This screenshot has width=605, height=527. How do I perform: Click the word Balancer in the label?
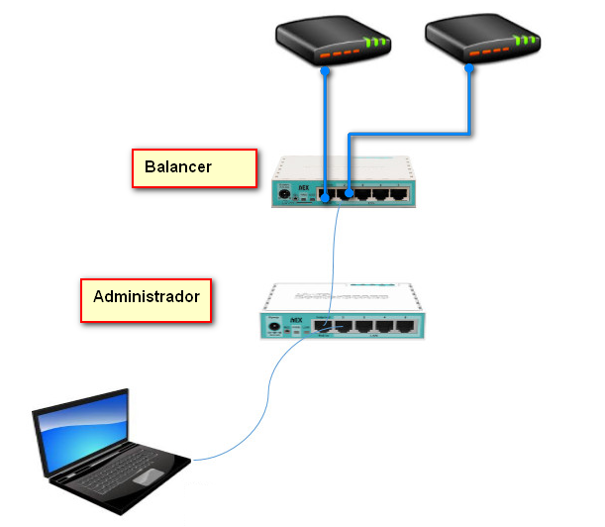point(178,166)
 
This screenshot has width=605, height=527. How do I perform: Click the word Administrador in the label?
point(146,296)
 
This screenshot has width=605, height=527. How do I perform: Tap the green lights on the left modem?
point(376,43)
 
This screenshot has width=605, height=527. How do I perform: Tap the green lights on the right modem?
point(526,42)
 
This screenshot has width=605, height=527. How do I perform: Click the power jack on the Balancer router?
point(286,194)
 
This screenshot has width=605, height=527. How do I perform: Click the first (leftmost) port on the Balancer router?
point(326,193)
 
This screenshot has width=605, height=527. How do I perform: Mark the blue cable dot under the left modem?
point(325,71)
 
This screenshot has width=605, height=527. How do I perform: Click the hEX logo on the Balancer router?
point(306,186)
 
